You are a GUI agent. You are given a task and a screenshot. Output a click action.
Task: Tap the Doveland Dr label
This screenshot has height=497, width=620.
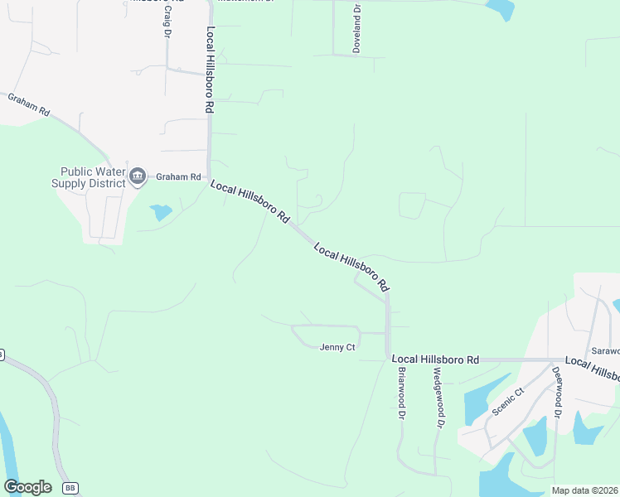pos(356,30)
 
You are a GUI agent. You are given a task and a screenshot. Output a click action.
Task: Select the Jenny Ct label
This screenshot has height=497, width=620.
pos(337,347)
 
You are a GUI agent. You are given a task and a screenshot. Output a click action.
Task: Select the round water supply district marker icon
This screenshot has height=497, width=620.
pos(137,176)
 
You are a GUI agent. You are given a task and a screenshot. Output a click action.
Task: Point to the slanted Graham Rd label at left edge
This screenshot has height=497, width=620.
pos(30,104)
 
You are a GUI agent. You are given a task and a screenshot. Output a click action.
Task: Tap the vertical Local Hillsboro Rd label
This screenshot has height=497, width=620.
pos(211,70)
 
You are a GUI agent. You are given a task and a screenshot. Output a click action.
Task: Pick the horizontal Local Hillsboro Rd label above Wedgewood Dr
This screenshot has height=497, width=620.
pos(435,359)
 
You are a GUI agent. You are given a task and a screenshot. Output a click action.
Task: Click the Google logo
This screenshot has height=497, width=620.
pos(27,487)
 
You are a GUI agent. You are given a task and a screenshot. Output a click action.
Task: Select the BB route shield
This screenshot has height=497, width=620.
pos(70,488)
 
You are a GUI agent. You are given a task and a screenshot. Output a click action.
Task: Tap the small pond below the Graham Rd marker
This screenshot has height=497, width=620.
pos(160,212)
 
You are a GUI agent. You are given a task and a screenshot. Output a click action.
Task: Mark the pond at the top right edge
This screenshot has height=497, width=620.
pos(501,8)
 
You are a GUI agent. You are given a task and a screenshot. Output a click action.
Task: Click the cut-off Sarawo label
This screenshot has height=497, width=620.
pos(604,350)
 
